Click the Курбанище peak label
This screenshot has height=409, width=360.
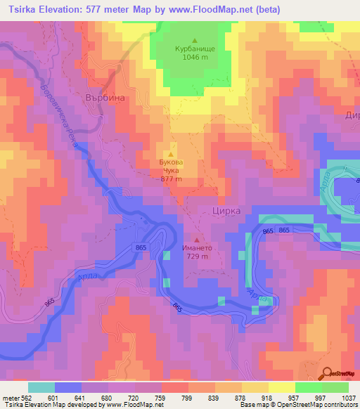tap(195, 49)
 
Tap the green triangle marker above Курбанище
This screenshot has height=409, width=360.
tap(195, 39)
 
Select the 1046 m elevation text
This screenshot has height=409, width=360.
tap(195, 59)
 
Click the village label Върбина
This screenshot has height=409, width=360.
tap(105, 98)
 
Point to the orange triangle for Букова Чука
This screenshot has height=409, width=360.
tap(171, 154)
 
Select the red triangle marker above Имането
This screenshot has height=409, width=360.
tap(196, 238)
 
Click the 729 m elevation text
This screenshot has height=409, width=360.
tap(196, 257)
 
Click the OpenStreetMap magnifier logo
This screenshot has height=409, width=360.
tap(327, 373)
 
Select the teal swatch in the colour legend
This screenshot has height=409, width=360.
tap(41, 387)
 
